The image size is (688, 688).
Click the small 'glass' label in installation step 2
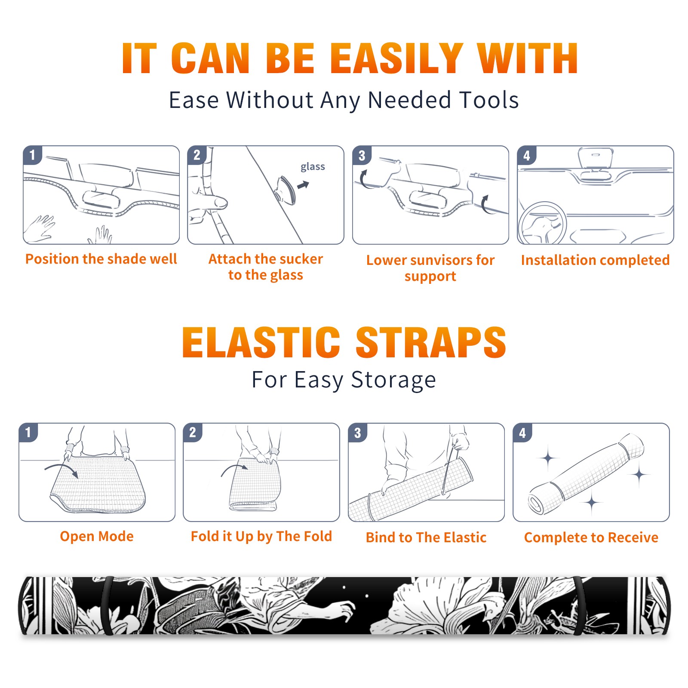pyautogui.click(x=313, y=167)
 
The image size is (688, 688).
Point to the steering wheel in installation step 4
pyautogui.click(x=542, y=223)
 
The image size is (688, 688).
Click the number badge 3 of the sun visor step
pyautogui.click(x=362, y=155)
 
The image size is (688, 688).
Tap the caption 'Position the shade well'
pyautogui.click(x=101, y=259)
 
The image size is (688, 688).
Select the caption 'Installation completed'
pyautogui.click(x=595, y=260)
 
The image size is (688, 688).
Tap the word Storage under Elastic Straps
pyautogui.click(x=393, y=380)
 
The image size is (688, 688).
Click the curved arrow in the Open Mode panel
pyautogui.click(x=61, y=469)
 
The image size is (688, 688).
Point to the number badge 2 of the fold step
pyautogui.click(x=193, y=432)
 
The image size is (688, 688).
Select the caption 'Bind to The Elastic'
pyautogui.click(x=426, y=537)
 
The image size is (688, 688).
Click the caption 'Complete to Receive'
pyautogui.click(x=591, y=537)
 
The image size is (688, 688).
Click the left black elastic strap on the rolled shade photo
pyautogui.click(x=107, y=605)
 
